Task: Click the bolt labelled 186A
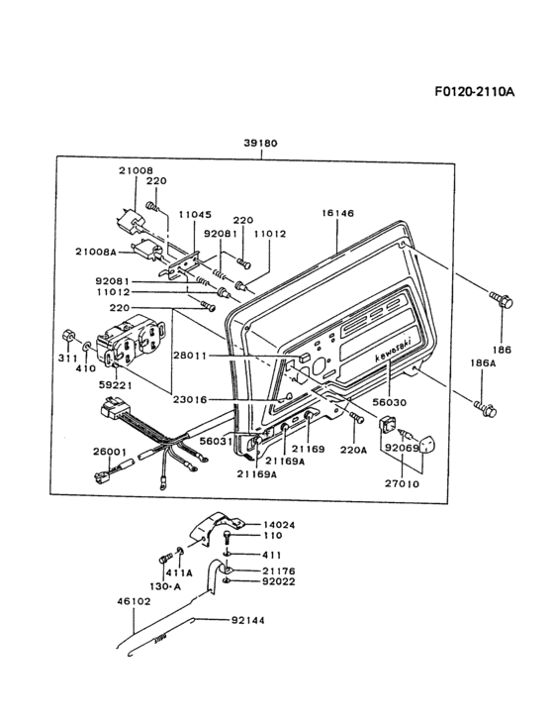tap(484, 405)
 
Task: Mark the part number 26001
tap(109, 451)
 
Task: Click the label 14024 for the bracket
tap(279, 525)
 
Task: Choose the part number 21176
tap(278, 571)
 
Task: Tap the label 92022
tap(278, 584)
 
